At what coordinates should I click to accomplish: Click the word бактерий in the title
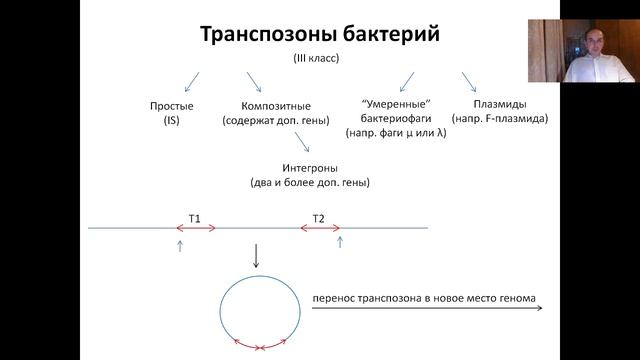click(x=388, y=35)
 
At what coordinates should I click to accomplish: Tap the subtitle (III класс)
click(x=316, y=59)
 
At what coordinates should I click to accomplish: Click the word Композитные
click(x=276, y=105)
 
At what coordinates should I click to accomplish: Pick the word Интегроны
click(x=309, y=168)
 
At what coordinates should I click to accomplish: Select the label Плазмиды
click(x=500, y=103)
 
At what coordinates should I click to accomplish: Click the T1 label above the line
click(x=195, y=217)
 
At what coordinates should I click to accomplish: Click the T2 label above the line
click(x=318, y=217)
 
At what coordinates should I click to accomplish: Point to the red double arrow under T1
click(x=196, y=229)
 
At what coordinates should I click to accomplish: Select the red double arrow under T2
click(x=318, y=229)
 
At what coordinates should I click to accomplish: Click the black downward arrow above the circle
click(x=256, y=257)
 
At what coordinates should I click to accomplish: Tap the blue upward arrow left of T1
click(x=179, y=244)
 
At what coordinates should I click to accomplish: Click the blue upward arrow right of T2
click(x=340, y=241)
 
